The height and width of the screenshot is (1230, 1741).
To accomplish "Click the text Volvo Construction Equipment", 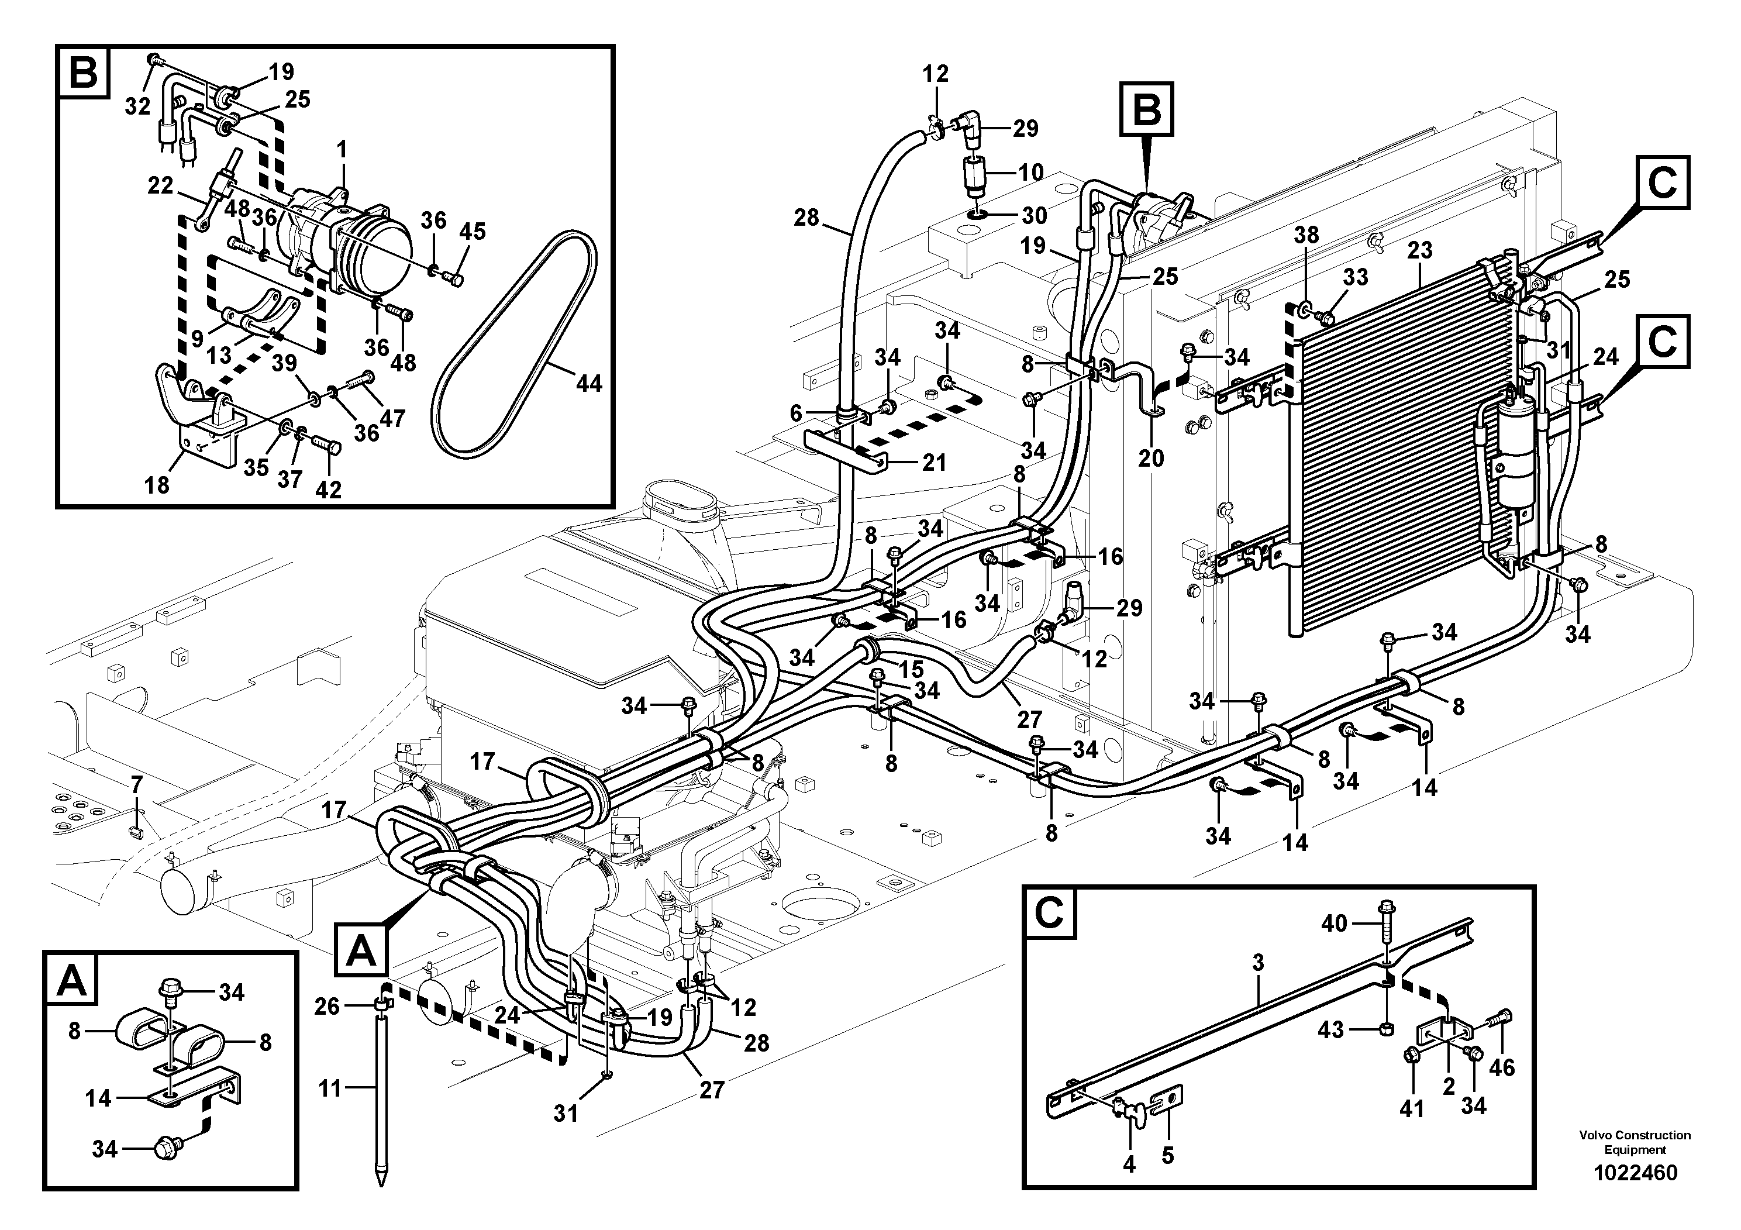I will tap(1634, 1142).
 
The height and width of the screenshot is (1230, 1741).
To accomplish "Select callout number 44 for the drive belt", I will tap(588, 384).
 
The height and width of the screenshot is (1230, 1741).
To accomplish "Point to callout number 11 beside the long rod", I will tap(330, 1089).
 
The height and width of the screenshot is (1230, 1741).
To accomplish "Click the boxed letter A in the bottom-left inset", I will tap(72, 982).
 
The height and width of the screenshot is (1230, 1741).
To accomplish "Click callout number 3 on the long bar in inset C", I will tap(1258, 964).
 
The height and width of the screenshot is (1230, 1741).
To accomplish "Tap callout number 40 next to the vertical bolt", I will tap(1334, 923).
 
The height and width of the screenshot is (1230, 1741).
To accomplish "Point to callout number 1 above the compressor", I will tap(342, 149).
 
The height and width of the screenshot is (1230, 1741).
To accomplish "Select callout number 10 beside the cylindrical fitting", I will tap(1030, 172).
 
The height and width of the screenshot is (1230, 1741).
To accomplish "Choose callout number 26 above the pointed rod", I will tap(327, 1007).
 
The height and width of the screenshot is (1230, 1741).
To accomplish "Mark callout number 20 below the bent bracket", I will tap(1151, 458).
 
